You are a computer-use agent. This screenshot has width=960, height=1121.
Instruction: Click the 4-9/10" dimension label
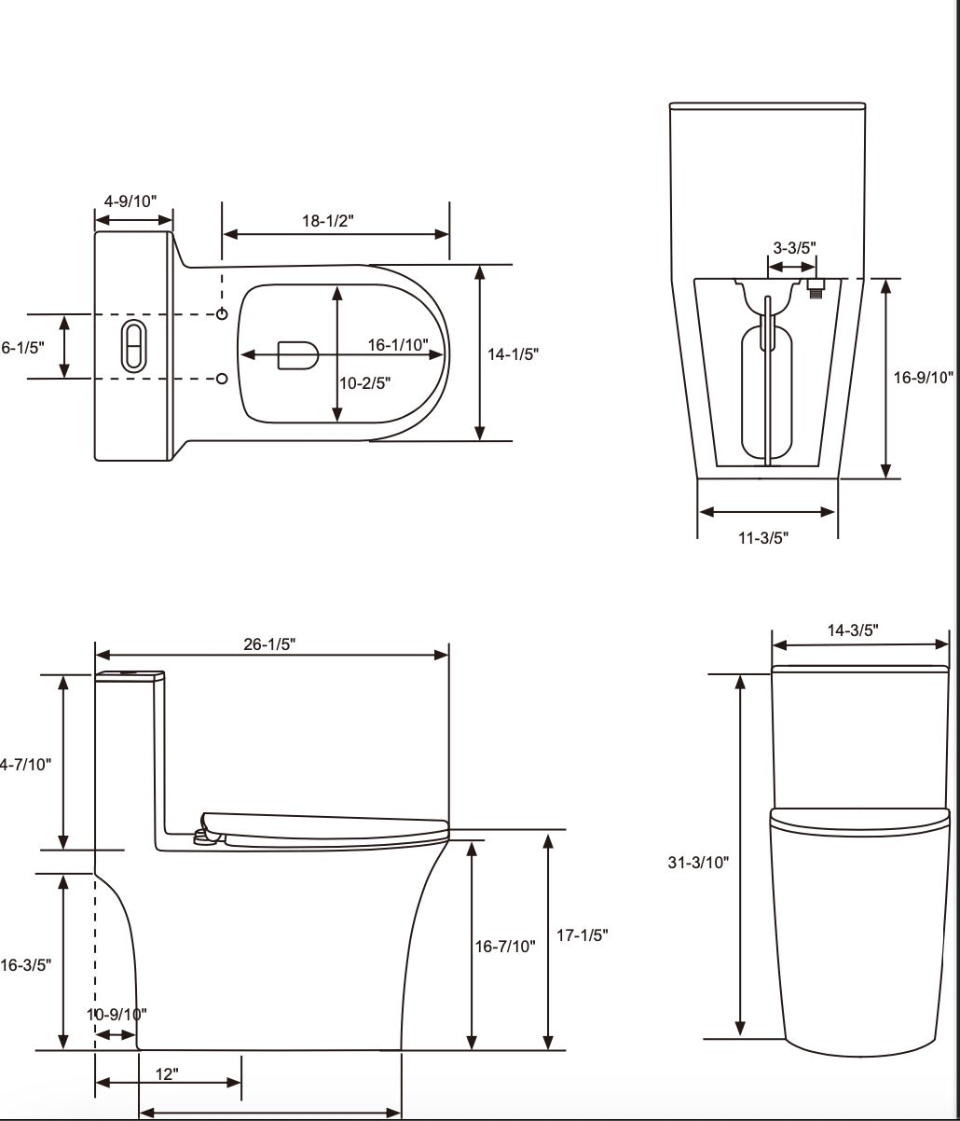tap(130, 201)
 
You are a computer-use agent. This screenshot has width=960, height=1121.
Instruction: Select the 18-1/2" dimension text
tap(328, 219)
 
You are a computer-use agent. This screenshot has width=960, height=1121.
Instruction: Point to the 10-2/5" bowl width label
tap(364, 381)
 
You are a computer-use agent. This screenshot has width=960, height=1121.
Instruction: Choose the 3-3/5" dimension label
tap(794, 247)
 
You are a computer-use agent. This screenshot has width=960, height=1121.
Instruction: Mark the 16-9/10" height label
tap(924, 377)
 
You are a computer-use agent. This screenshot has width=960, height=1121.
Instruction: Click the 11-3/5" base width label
tap(764, 538)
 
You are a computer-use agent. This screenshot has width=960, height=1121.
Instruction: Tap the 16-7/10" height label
tap(506, 947)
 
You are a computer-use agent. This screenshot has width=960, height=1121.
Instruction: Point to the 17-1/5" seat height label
tap(583, 935)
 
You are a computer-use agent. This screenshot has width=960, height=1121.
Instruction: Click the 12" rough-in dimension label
tap(167, 1074)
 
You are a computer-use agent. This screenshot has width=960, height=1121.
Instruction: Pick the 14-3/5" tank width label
tap(853, 630)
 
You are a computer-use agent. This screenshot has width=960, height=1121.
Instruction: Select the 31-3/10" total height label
tap(698, 863)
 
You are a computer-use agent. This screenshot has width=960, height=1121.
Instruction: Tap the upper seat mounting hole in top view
tap(222, 314)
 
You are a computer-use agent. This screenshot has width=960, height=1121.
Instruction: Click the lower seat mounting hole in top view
tap(222, 378)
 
